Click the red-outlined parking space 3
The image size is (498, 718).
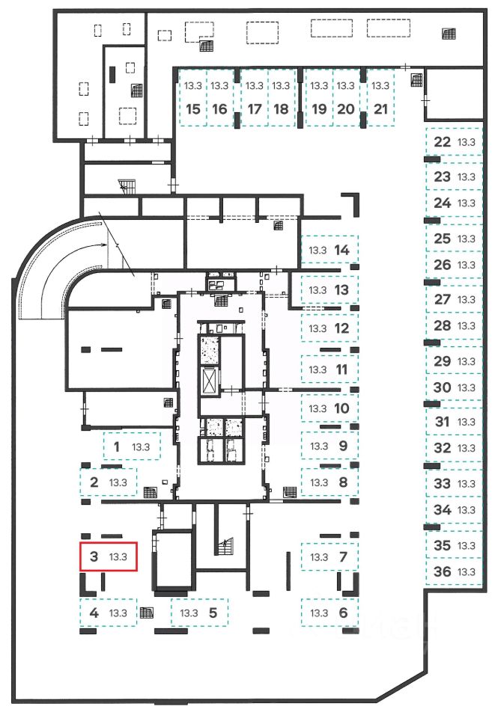[109, 556]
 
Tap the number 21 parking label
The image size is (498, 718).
[381, 108]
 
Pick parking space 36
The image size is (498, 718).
[453, 572]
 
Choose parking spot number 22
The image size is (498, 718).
[453, 142]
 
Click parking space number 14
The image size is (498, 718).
[330, 250]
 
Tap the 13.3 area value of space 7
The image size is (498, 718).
[319, 557]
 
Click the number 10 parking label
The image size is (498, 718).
[341, 408]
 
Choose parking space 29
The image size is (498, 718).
[453, 361]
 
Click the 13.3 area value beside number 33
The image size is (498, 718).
[467, 484]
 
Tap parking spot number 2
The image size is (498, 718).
[109, 482]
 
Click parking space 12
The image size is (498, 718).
[330, 328]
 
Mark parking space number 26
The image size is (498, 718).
[453, 265]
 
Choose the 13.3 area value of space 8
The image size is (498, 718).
[319, 482]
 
